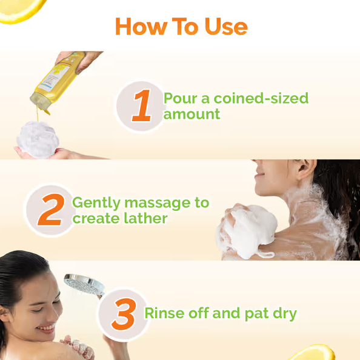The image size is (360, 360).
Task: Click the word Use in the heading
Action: (226, 27)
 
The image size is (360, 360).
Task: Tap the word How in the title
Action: (141, 27)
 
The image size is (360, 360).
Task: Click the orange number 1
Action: (142, 105)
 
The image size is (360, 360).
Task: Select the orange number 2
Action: (51, 209)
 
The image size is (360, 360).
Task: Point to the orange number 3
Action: (124, 314)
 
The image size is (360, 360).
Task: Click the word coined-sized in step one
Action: (261, 98)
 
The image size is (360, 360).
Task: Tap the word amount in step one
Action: (192, 114)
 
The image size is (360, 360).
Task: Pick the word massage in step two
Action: (157, 203)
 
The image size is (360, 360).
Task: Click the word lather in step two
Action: (145, 218)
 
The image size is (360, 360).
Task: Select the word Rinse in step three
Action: (164, 313)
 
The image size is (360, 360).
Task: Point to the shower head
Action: (84, 285)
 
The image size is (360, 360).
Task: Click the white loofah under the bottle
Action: (38, 140)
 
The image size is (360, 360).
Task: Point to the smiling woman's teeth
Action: (47, 327)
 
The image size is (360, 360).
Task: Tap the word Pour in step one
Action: (181, 99)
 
